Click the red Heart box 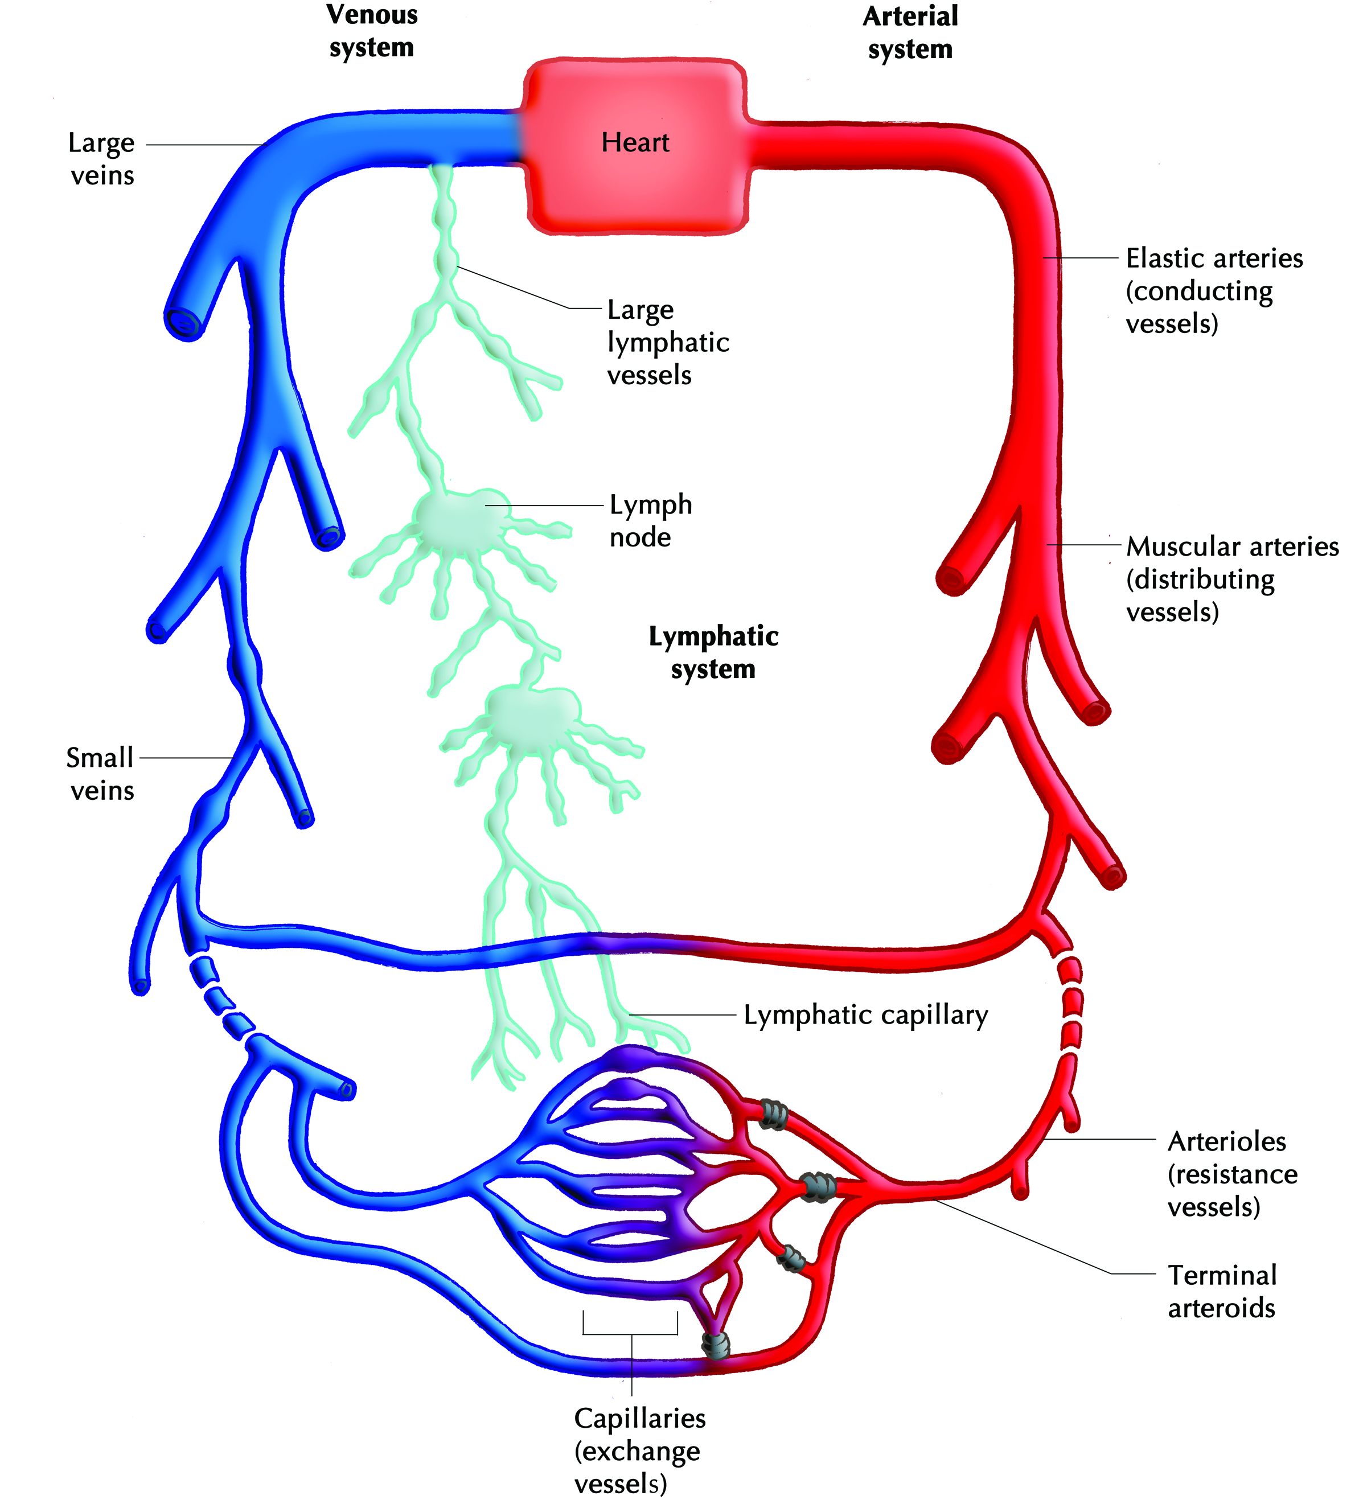click(x=635, y=146)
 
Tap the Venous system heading click(x=372, y=31)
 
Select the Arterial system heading click(x=910, y=33)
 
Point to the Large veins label click(x=102, y=159)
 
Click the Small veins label click(x=100, y=774)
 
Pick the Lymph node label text click(x=650, y=521)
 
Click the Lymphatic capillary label click(x=865, y=1015)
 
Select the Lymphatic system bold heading click(x=713, y=652)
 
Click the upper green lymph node click(x=458, y=517)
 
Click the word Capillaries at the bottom click(x=639, y=1418)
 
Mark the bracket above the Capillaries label click(x=631, y=1334)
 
